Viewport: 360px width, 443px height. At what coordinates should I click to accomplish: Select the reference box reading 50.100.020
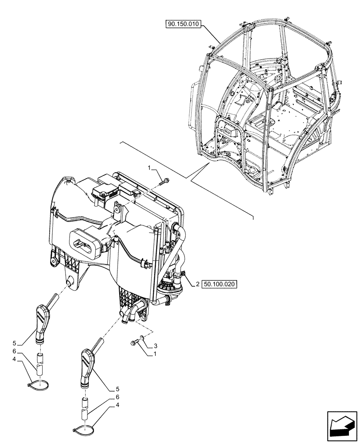[220, 284]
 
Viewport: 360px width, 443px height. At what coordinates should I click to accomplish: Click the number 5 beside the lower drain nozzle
[117, 389]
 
